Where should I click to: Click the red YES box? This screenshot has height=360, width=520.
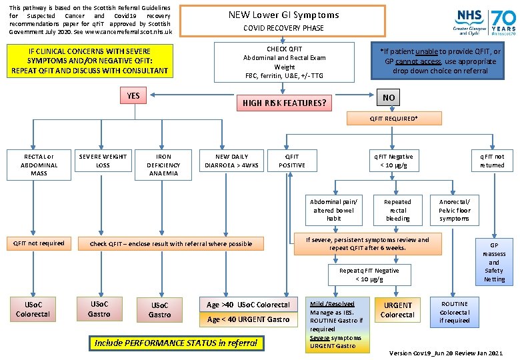133,96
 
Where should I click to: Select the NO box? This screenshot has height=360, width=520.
389,97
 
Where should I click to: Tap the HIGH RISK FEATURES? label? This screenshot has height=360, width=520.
284,103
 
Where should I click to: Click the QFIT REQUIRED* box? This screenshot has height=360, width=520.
394,119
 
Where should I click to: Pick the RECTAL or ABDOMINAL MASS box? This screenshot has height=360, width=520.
39,165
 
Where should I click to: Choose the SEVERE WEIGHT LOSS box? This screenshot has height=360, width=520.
103,161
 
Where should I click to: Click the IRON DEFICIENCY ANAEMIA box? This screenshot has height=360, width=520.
163,165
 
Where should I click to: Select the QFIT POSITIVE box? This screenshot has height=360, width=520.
292,161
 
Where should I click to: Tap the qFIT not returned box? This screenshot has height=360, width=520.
492,161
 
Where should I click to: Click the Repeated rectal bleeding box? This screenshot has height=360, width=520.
397,210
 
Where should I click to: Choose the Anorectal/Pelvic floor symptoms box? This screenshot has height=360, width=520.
454,210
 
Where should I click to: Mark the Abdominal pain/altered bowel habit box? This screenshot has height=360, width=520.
333,210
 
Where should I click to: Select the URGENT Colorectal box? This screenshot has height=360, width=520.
397,310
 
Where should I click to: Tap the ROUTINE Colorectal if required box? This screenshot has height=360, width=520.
454,312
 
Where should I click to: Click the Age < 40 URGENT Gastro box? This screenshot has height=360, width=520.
248,319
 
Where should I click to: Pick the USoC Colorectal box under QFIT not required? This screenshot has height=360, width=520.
33,309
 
